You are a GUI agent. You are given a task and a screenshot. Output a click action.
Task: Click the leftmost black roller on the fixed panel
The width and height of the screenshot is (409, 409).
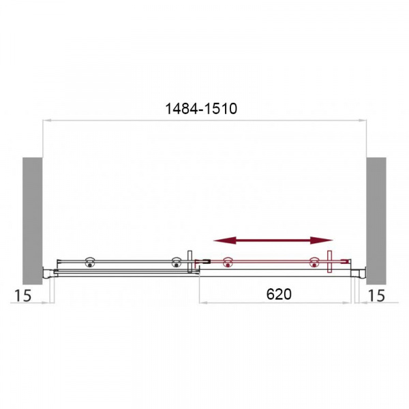coord(89,262)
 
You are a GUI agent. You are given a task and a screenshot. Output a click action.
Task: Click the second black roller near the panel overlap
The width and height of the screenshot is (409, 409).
coord(176,262)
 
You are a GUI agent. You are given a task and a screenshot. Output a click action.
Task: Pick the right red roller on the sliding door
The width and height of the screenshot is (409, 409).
coord(315,262)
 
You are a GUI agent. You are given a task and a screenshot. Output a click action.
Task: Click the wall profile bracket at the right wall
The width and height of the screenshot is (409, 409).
coord(361,273)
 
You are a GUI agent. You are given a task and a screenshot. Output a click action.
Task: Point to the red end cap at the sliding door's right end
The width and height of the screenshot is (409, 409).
coord(350,260)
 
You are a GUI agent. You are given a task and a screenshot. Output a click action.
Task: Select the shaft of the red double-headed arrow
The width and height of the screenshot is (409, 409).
coord(273,240)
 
